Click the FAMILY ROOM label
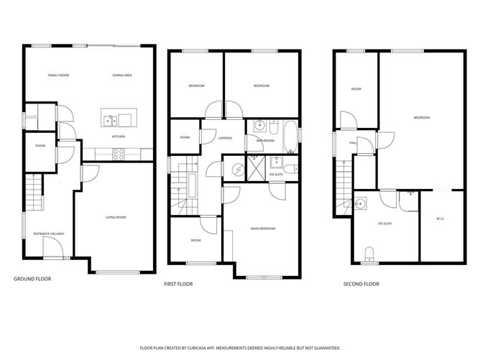pyautogui.click(x=58, y=75)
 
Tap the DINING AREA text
pyautogui.click(x=122, y=75)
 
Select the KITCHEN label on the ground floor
pyautogui.click(x=119, y=137)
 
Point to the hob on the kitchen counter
pyautogui.click(x=118, y=152)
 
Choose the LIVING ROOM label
pyautogui.click(x=116, y=217)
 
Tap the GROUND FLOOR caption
pyautogui.click(x=32, y=278)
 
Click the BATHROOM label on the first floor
pyautogui.click(x=266, y=141)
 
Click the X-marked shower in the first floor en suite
pyautogui.click(x=257, y=170)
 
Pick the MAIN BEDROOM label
pyautogui.click(x=264, y=229)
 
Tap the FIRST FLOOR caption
pyautogui.click(x=178, y=284)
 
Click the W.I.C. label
pyautogui.click(x=441, y=218)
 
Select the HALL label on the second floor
pyautogui.click(x=353, y=143)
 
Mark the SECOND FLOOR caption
pyautogui.click(x=361, y=284)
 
